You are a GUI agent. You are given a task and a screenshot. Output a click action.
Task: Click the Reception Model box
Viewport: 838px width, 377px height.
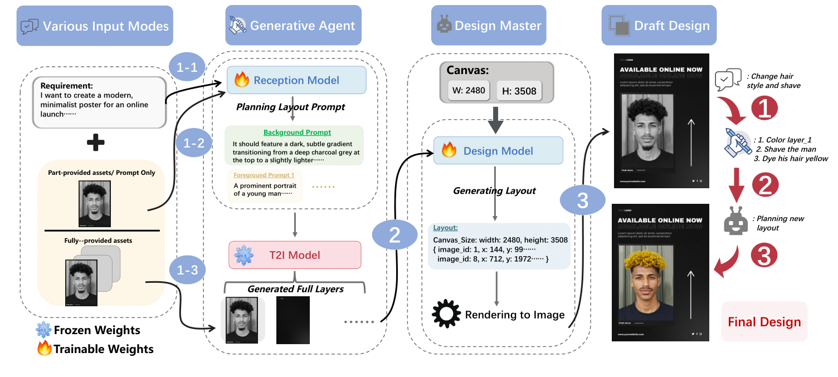(296, 80)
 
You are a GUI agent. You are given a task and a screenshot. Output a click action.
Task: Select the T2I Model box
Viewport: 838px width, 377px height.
(295, 255)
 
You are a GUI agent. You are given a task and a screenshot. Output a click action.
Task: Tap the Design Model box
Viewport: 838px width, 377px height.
(498, 150)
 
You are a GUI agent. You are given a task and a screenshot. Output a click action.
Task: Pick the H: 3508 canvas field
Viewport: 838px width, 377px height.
(520, 91)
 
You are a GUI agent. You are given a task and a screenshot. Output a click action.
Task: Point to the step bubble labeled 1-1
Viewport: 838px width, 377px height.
(187, 68)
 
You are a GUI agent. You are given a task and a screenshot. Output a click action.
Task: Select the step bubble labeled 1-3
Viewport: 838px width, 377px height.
(187, 270)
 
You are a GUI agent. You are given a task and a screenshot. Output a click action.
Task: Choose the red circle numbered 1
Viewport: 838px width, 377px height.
(765, 107)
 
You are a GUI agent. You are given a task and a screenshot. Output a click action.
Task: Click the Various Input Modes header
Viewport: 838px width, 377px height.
(94, 26)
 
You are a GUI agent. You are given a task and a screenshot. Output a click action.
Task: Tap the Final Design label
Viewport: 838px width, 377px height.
(764, 322)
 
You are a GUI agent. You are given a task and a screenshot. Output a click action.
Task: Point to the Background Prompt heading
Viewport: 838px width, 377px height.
(297, 133)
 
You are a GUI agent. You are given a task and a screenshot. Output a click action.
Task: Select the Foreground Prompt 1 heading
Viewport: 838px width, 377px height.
(263, 175)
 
